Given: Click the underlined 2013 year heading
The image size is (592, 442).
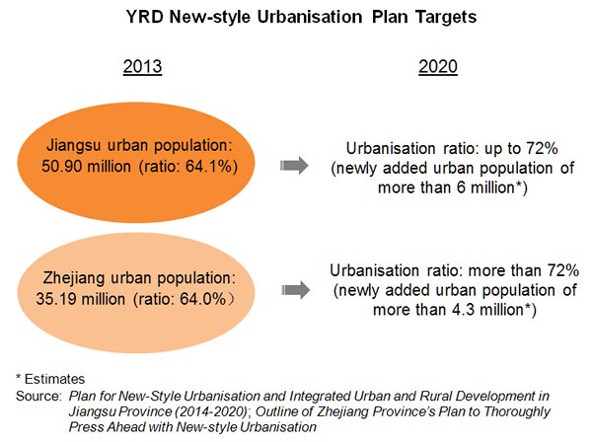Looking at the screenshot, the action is coord(142,67).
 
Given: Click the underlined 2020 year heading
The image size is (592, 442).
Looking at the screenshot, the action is coord(438,67).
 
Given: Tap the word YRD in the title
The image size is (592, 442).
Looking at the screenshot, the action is coord(145,17).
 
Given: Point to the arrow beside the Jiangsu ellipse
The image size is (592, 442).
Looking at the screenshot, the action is coord(294,166).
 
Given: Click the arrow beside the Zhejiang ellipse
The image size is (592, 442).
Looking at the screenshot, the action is coord(296,290).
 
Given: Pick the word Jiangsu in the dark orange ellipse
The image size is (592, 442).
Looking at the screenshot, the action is coord(74,146).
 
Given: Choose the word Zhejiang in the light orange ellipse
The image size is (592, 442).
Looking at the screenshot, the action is coord(74,278).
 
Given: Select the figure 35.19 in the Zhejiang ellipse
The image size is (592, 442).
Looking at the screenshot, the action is coord(54,299).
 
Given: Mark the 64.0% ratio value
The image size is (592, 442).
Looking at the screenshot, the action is coord(202,299).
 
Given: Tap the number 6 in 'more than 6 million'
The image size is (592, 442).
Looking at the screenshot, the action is coord(461,187).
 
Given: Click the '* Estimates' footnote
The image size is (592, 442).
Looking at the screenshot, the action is coord(50,379).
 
